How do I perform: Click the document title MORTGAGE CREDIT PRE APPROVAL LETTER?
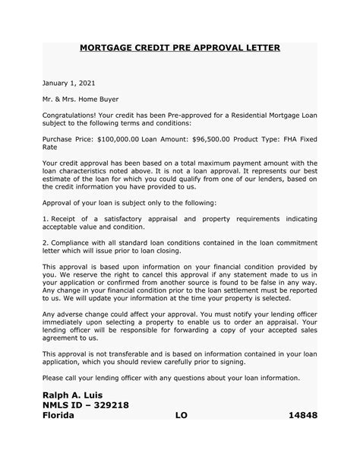[180, 48]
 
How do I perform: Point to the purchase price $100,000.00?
[116, 139]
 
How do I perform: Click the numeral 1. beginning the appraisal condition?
[46, 218]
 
